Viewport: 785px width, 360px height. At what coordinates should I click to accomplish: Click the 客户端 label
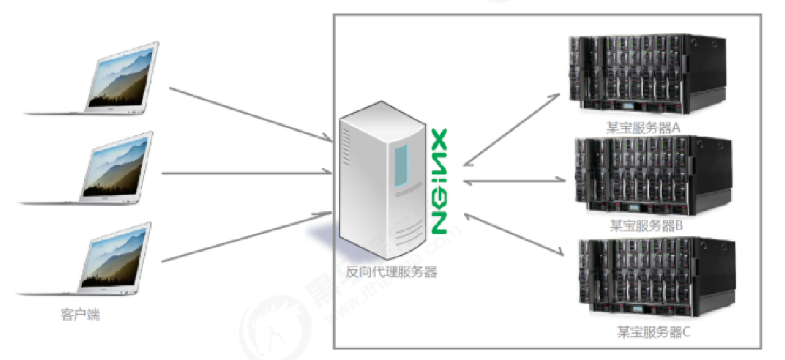(79, 314)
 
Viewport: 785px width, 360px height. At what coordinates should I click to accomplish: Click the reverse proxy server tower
(382, 185)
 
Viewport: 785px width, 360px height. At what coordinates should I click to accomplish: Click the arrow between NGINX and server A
(512, 128)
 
